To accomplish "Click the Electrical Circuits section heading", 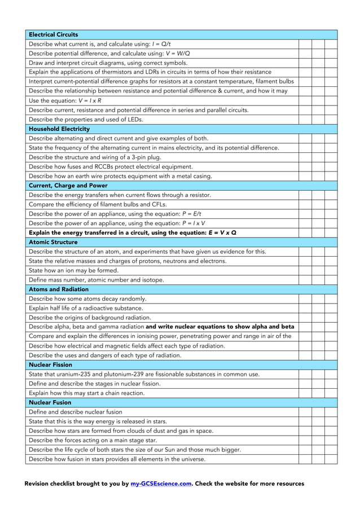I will click(54, 34).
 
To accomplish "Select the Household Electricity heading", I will click(59, 129).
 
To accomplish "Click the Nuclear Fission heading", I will click(50, 365).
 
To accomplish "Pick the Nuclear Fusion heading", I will click(50, 402).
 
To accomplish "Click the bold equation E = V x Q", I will click(222, 232).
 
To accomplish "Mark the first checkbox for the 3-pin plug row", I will click(305, 157).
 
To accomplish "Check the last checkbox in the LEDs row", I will click(331, 119).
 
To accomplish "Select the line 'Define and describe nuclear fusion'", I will click(75, 412).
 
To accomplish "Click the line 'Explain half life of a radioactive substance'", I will click(86, 308).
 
